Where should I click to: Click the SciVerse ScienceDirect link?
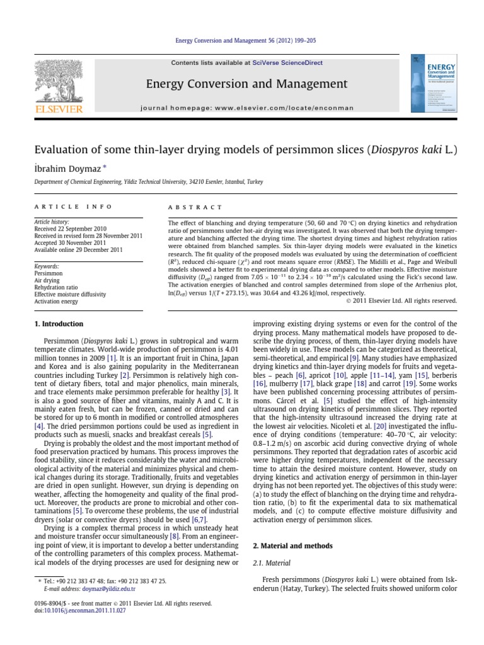click(279, 63)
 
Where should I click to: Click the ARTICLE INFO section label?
click(73, 207)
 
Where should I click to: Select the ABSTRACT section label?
click(195, 207)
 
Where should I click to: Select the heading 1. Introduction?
click(57, 324)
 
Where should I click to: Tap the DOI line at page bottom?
click(66, 610)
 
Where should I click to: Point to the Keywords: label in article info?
click(47, 266)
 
